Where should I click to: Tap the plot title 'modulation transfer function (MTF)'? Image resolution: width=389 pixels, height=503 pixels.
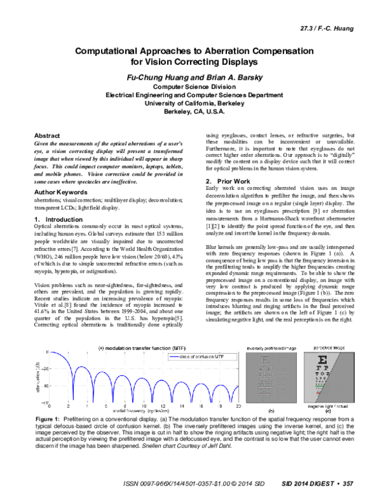(138, 347)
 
